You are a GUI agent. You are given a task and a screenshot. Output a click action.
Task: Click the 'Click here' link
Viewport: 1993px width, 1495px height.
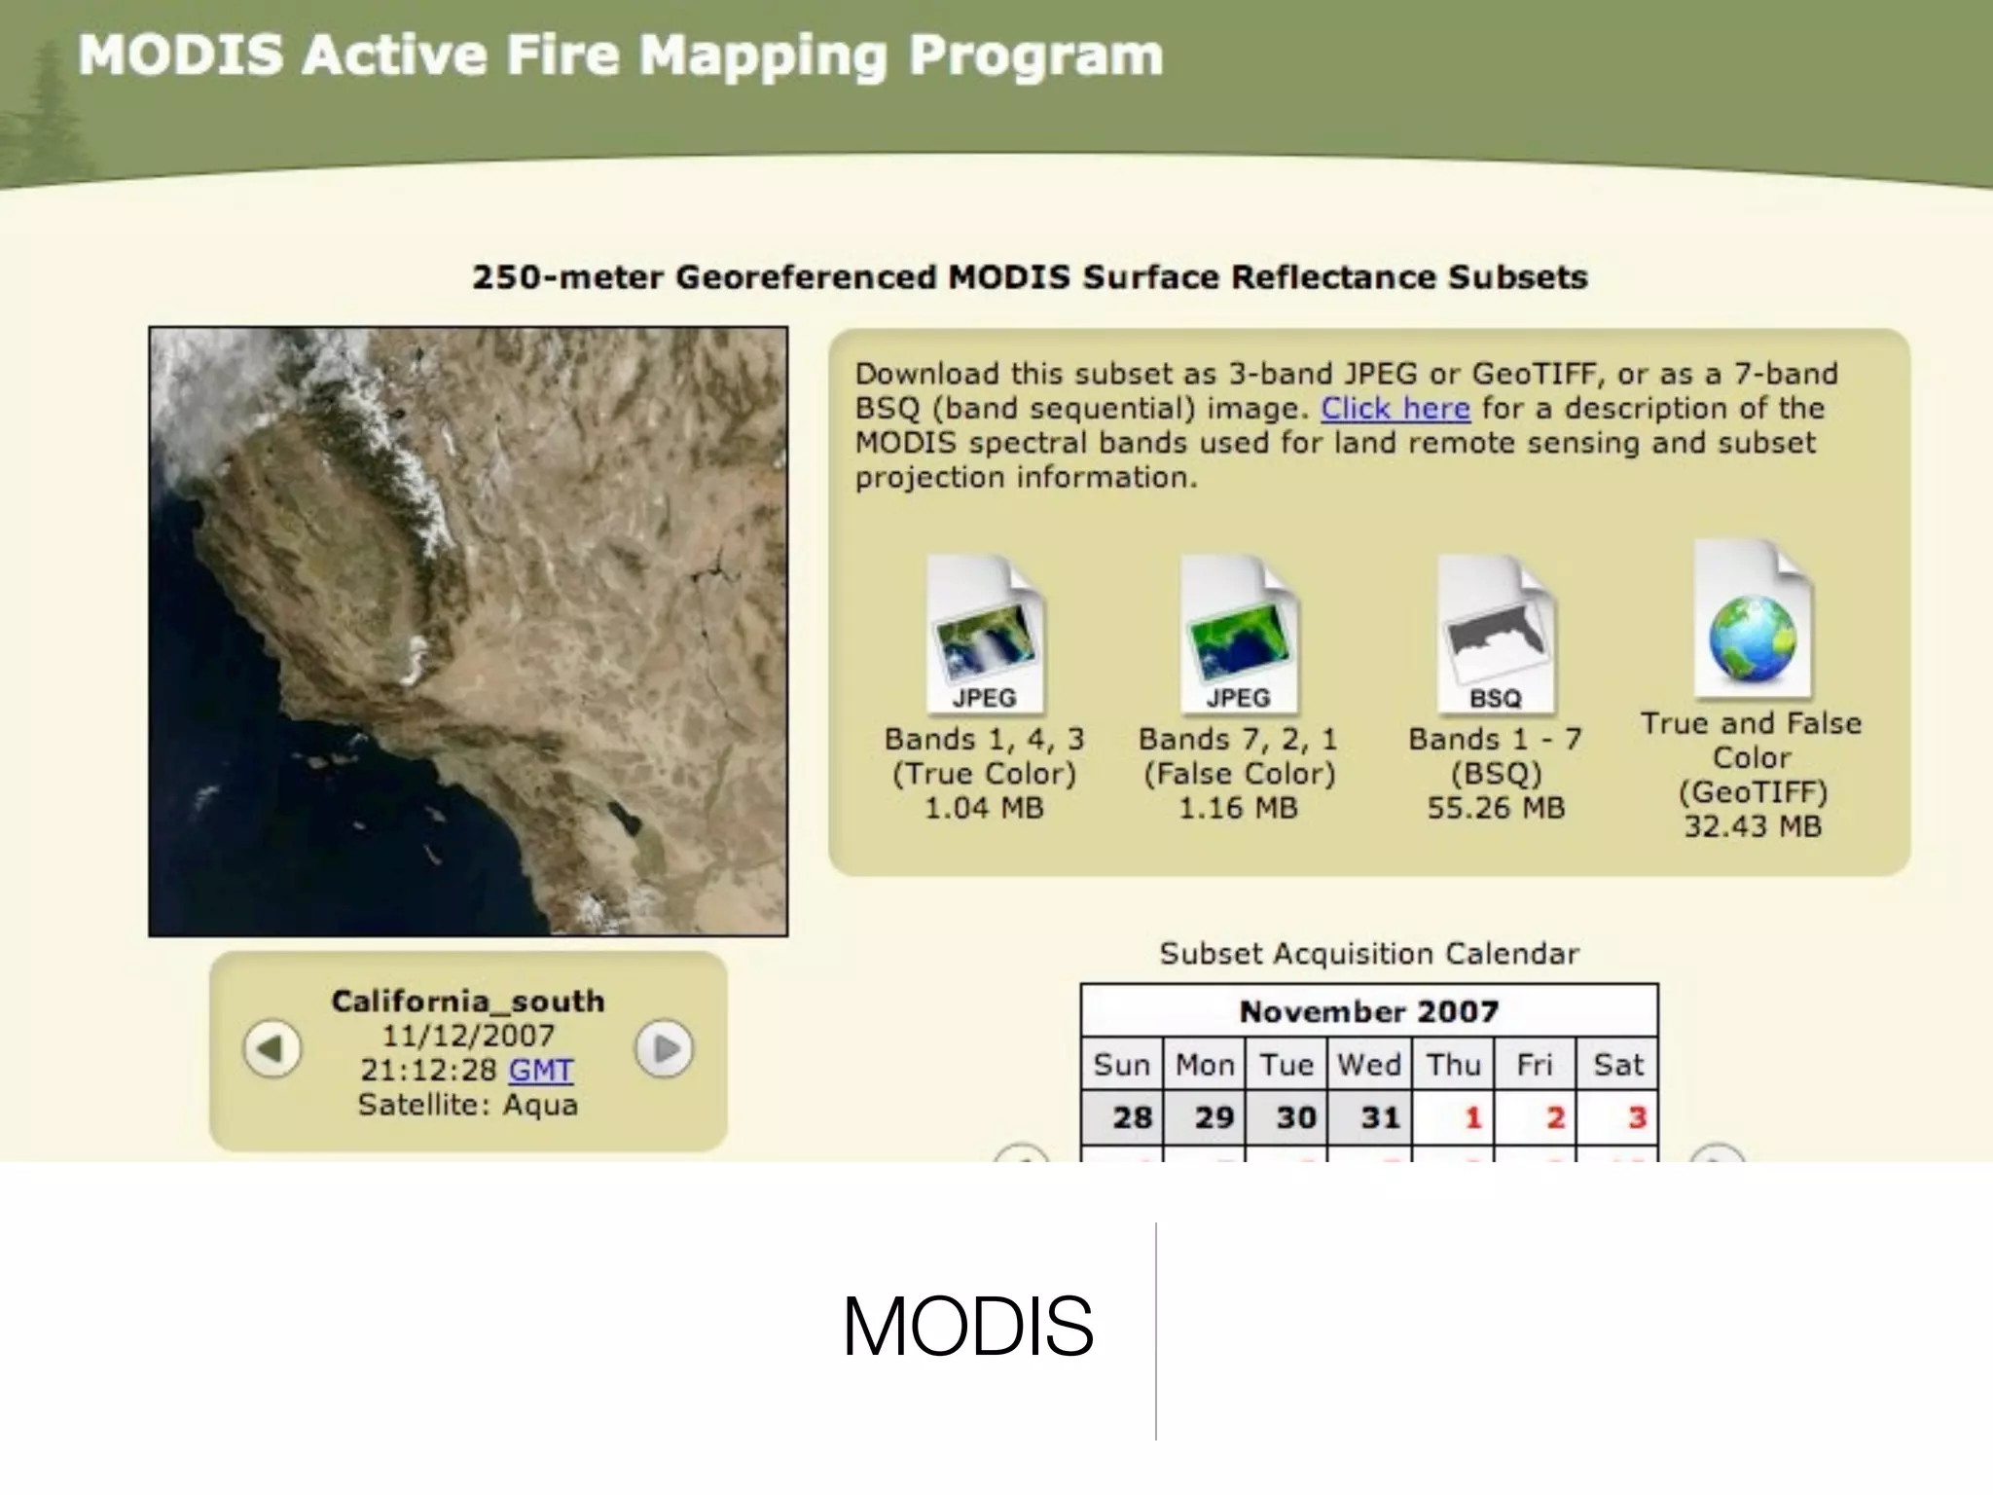coord(1395,409)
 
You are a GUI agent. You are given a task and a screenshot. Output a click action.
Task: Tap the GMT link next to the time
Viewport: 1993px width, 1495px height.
coord(540,1071)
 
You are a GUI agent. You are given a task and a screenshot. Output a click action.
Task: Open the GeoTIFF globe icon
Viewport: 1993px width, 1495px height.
coord(1752,623)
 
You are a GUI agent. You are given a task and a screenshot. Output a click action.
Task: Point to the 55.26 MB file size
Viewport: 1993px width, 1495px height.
coord(1496,809)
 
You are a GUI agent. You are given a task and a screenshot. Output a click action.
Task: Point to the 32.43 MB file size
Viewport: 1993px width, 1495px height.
coord(1752,827)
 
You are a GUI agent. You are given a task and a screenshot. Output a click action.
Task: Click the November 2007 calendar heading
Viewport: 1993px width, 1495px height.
coord(1368,1012)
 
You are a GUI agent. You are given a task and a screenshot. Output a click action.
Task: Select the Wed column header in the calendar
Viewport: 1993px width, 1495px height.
coord(1368,1065)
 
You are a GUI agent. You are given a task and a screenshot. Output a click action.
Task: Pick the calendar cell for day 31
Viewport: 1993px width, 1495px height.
coord(1368,1117)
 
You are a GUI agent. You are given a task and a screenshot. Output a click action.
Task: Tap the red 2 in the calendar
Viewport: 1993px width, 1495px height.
coord(1534,1117)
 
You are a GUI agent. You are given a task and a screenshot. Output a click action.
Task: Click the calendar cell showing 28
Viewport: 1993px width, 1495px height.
coord(1122,1117)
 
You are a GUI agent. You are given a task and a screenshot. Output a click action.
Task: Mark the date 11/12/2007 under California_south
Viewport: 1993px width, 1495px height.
coord(468,1036)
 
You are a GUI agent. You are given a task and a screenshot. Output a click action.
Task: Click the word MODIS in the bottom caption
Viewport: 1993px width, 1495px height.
coord(967,1327)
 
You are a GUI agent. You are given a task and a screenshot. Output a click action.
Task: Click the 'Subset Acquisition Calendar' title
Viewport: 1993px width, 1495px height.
coord(1368,954)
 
